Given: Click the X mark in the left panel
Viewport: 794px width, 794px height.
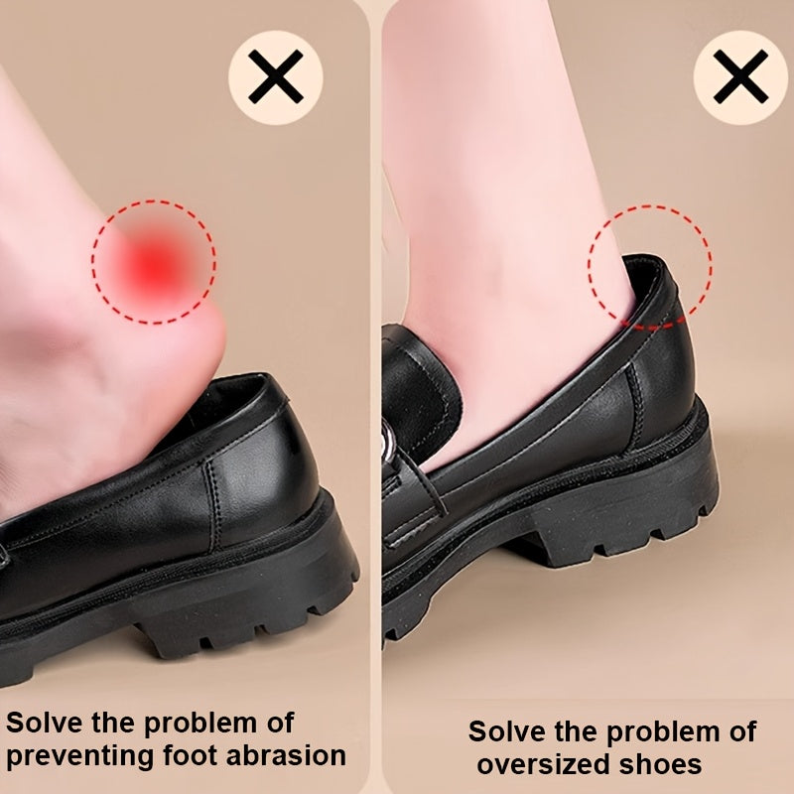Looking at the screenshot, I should pyautogui.click(x=275, y=78).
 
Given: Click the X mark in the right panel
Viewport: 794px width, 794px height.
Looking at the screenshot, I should pyautogui.click(x=739, y=78).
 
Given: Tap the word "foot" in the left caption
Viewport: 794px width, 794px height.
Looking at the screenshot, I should pyautogui.click(x=184, y=755).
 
